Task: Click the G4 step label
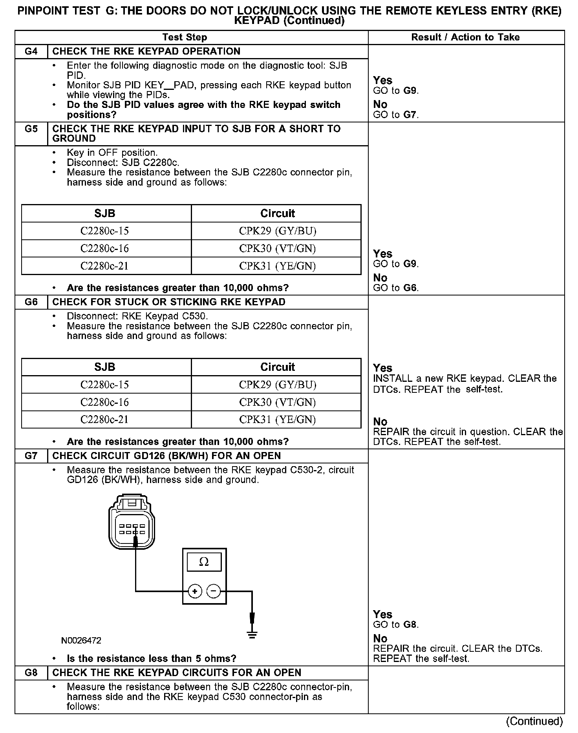pos(31,51)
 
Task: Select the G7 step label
pos(31,456)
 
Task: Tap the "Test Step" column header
pos(185,37)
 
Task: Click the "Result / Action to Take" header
pos(465,37)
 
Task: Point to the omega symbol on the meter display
pos(204,562)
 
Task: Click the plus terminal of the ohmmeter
pos(195,591)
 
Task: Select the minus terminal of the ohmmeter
pos(214,591)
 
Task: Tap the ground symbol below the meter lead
pos(252,635)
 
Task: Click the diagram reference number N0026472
pos(81,641)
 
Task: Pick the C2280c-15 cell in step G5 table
pos(104,231)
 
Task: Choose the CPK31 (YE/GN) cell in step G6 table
pos(277,419)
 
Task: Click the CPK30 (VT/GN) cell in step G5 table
pos(277,248)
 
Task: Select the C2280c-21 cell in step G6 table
pos(104,419)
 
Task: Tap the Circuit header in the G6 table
pos(277,367)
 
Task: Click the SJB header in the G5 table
pos(104,213)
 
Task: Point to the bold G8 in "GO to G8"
pos(410,625)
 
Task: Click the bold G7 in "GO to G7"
pos(410,115)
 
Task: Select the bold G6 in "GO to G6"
pos(410,288)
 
